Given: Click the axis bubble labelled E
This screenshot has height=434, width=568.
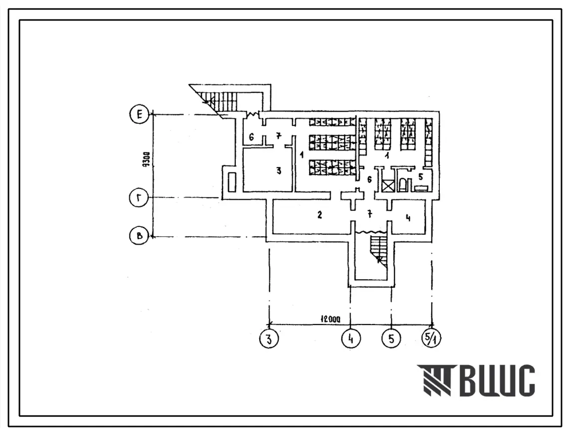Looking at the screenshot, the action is pos(139,115).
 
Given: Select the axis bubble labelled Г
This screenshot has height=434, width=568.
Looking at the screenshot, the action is pos(139,198).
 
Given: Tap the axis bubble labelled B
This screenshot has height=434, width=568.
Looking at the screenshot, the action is pos(139,236).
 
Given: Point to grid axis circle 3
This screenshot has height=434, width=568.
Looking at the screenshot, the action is pos(269,339).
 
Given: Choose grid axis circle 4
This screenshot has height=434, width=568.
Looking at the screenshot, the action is pos(351,339).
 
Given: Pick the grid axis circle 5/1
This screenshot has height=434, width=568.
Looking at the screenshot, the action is pos(431,339).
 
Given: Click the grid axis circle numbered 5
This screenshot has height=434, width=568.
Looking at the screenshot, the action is pos(391,339).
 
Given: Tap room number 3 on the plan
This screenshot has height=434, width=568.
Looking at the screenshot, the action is pos(279,170).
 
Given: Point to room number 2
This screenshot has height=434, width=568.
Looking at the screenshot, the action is pos(319,215).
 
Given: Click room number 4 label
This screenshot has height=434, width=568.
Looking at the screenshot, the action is pos(408,218).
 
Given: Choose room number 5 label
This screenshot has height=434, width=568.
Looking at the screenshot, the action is pos(420,177).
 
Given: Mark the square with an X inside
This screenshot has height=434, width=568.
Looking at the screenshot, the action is pos(388,186).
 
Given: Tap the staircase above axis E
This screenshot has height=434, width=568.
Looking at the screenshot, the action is pos(220,97).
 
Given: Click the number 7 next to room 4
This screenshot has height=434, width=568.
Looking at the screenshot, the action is pos(370,214).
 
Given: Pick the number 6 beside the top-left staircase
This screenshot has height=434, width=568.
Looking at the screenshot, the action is pos(251,137).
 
